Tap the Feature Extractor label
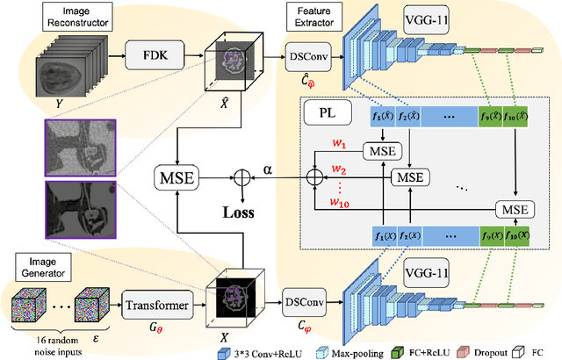coord(306,15)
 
